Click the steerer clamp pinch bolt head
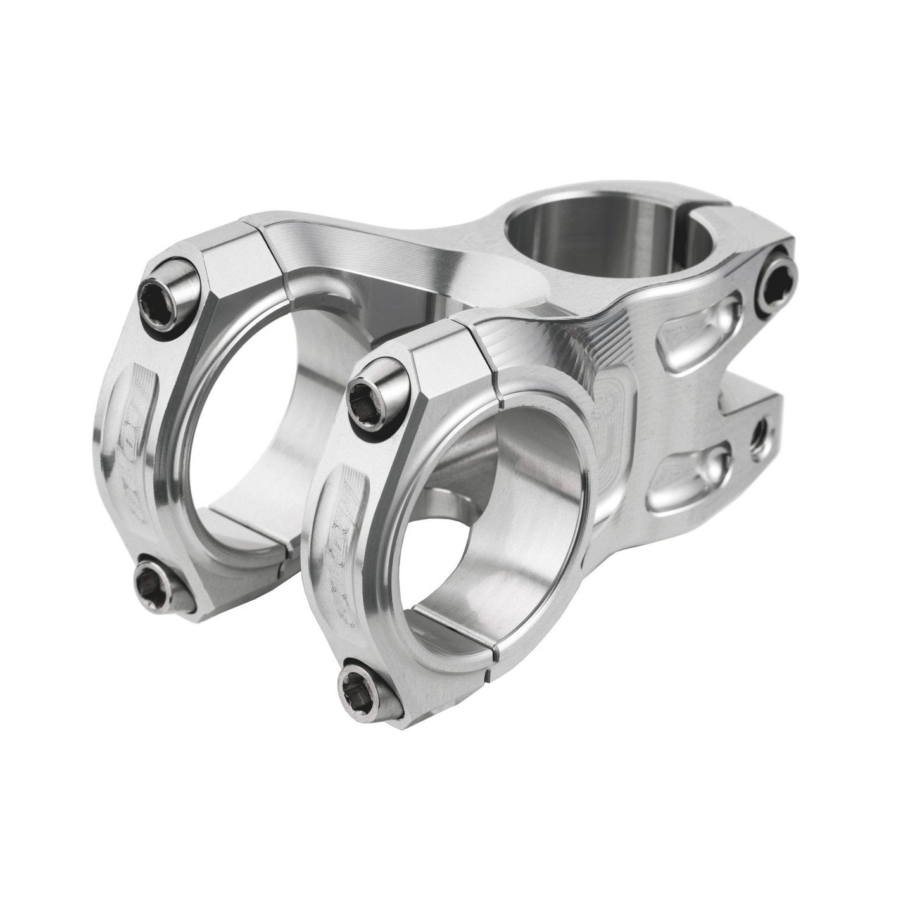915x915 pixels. [x=774, y=279]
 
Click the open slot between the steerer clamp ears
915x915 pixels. [x=754, y=380]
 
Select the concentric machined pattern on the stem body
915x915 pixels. [x=617, y=412]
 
